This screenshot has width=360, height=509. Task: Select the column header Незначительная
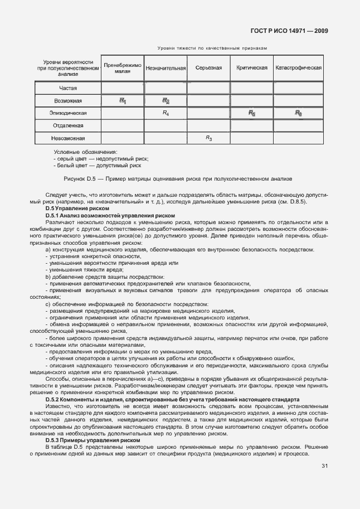166,68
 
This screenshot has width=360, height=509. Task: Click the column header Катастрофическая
299,68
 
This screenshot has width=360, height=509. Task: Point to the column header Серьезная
208,68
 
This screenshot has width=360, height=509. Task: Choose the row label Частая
68,88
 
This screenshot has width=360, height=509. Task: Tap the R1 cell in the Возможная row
123,101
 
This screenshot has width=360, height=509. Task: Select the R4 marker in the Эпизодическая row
166,113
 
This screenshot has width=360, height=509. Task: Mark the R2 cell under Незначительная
166,101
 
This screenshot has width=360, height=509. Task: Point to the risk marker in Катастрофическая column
299,113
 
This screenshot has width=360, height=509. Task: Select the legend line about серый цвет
101,158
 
